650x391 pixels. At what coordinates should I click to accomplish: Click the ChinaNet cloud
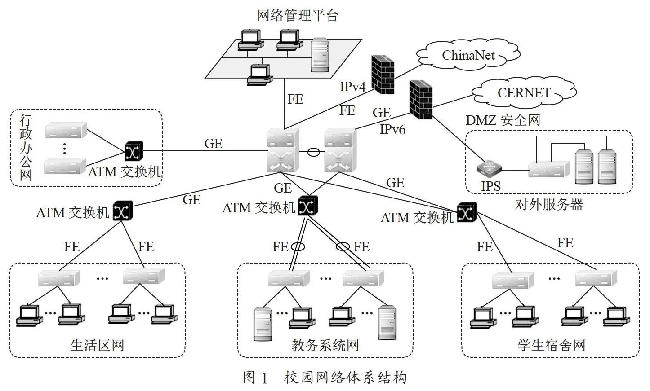(468, 55)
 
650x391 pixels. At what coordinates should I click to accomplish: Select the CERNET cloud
(524, 92)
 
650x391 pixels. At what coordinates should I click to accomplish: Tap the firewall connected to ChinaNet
(383, 75)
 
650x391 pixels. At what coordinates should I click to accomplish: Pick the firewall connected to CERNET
(421, 100)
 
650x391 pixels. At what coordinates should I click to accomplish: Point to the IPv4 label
(352, 86)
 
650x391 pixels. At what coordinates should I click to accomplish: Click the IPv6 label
(392, 129)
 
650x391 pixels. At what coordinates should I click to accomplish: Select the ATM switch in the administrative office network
(134, 151)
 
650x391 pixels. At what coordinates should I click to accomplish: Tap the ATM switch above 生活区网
(123, 211)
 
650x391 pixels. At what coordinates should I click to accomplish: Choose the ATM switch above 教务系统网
(307, 206)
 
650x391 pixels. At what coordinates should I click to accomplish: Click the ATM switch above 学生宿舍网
(467, 212)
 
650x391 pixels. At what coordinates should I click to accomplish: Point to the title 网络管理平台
(298, 15)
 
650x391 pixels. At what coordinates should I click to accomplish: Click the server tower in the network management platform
(320, 55)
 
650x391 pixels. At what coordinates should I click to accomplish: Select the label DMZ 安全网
(503, 120)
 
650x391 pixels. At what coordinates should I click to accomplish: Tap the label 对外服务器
(549, 204)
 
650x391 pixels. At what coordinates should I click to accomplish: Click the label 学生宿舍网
(552, 345)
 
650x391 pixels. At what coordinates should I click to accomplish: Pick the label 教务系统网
(325, 345)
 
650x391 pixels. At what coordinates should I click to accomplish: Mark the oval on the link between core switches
(313, 152)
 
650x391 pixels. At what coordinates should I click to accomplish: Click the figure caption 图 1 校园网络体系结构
(325, 378)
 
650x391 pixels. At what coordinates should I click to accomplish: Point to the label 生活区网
(97, 345)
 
